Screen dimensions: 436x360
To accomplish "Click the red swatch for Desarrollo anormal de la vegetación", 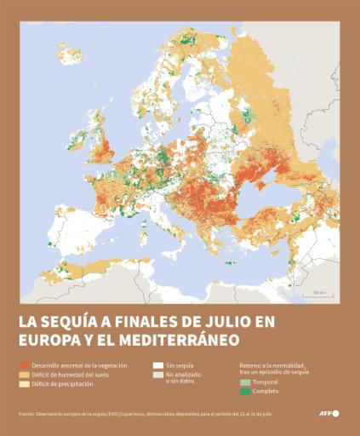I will pos(25,364).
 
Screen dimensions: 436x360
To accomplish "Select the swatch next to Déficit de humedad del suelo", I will pos(25,374).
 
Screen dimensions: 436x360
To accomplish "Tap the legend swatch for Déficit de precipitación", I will pos(25,384).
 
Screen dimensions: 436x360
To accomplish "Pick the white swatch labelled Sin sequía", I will pos(157,364).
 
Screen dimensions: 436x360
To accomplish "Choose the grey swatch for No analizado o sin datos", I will pos(157,375).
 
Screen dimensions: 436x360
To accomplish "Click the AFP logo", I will pos(328,413).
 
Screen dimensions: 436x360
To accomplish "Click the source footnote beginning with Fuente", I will pos(145,414).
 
